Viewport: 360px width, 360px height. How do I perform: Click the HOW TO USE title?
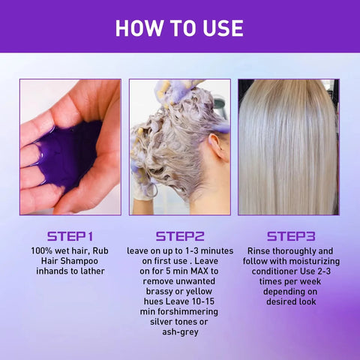point(179,28)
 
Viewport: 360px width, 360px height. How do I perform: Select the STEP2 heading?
point(180,235)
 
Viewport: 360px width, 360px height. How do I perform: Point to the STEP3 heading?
point(288,235)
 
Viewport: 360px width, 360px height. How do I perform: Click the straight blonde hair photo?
point(288,146)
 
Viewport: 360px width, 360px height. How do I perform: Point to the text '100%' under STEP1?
point(43,250)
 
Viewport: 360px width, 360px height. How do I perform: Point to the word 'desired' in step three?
point(273,302)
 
